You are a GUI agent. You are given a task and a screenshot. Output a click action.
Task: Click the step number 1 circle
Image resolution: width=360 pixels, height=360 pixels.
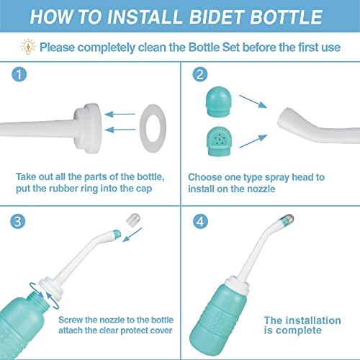(x=19, y=74)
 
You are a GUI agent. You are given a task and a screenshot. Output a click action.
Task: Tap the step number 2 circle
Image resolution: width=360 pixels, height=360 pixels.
(x=200, y=74)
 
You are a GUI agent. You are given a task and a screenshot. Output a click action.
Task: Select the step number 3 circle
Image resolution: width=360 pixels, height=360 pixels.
(x=18, y=221)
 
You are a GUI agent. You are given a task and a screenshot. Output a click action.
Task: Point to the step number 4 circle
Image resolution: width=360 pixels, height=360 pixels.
(x=200, y=221)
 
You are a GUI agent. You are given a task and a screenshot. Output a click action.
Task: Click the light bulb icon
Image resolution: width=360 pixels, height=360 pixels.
(x=28, y=46)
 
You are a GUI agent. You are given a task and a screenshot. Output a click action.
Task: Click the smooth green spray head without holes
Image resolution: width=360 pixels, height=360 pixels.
(x=219, y=102)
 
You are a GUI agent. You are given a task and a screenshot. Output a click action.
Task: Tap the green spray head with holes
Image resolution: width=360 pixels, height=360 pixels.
(x=219, y=142)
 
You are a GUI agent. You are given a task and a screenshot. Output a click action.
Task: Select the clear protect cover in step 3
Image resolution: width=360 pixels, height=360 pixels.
(x=133, y=220)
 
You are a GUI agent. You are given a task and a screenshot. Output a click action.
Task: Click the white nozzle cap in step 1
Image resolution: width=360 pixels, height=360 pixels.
(x=88, y=129)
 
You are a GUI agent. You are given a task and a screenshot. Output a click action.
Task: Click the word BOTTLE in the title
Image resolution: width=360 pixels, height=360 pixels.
(x=287, y=17)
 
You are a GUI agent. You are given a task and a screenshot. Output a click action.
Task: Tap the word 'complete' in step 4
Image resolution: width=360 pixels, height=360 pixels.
(x=298, y=330)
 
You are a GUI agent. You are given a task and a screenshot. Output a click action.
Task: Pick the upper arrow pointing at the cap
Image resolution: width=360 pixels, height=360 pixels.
(x=120, y=114)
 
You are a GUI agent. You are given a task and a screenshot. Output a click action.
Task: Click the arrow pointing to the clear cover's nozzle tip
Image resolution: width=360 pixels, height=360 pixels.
(x=132, y=235)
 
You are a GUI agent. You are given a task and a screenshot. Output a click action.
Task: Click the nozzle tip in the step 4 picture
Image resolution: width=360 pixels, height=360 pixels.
(x=286, y=220)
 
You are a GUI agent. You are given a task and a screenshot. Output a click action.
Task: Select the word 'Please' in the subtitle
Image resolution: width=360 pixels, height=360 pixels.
(x=58, y=48)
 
